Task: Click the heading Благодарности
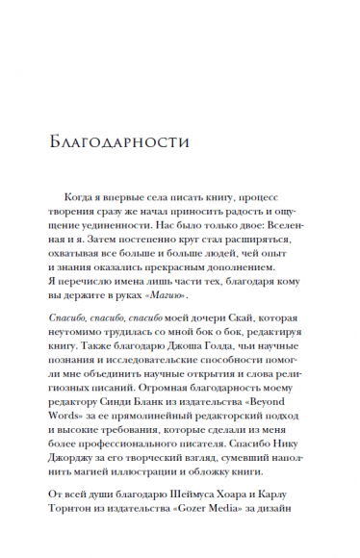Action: click(x=116, y=141)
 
